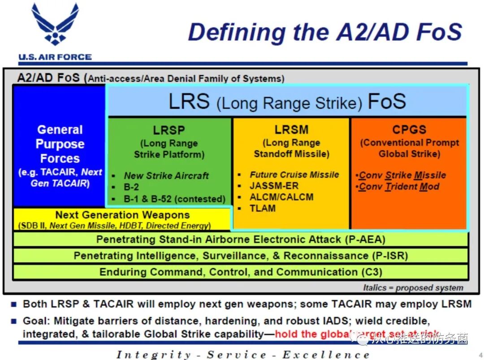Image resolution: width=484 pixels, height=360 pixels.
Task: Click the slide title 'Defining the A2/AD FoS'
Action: pyautogui.click(x=325, y=32)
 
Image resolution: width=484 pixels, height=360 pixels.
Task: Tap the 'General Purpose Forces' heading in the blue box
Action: pyautogui.click(x=60, y=144)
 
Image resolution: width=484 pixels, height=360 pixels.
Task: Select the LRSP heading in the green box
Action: pyautogui.click(x=169, y=130)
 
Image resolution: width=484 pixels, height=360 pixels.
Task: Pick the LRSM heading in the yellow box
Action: pyautogui.click(x=291, y=130)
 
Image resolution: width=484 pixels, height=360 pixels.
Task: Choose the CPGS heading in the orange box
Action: pyautogui.click(x=409, y=130)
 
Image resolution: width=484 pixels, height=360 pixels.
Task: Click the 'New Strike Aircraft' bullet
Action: pyautogui.click(x=166, y=176)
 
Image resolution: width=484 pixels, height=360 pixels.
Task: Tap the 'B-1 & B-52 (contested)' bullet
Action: pyautogui.click(x=174, y=199)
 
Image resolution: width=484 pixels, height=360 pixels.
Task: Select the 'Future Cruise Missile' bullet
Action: pyautogui.click(x=294, y=175)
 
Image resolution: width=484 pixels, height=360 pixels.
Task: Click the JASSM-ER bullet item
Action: pyautogui.click(x=274, y=186)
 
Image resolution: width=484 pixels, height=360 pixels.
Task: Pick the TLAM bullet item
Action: pyautogui.click(x=263, y=208)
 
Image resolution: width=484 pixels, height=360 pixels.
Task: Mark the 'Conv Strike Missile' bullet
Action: pyautogui.click(x=402, y=175)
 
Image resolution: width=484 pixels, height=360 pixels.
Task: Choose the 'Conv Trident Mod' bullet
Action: pyautogui.click(x=399, y=187)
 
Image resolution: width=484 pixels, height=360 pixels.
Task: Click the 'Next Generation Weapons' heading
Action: pyautogui.click(x=122, y=215)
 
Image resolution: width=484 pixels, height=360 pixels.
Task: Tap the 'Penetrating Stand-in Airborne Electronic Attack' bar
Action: pyautogui.click(x=241, y=240)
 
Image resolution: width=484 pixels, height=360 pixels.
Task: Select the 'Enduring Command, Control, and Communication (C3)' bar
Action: pyautogui.click(x=241, y=272)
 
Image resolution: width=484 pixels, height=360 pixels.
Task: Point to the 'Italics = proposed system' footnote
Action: pyautogui.click(x=413, y=288)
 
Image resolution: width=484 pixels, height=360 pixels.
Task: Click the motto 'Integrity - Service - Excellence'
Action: pyautogui.click(x=243, y=355)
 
